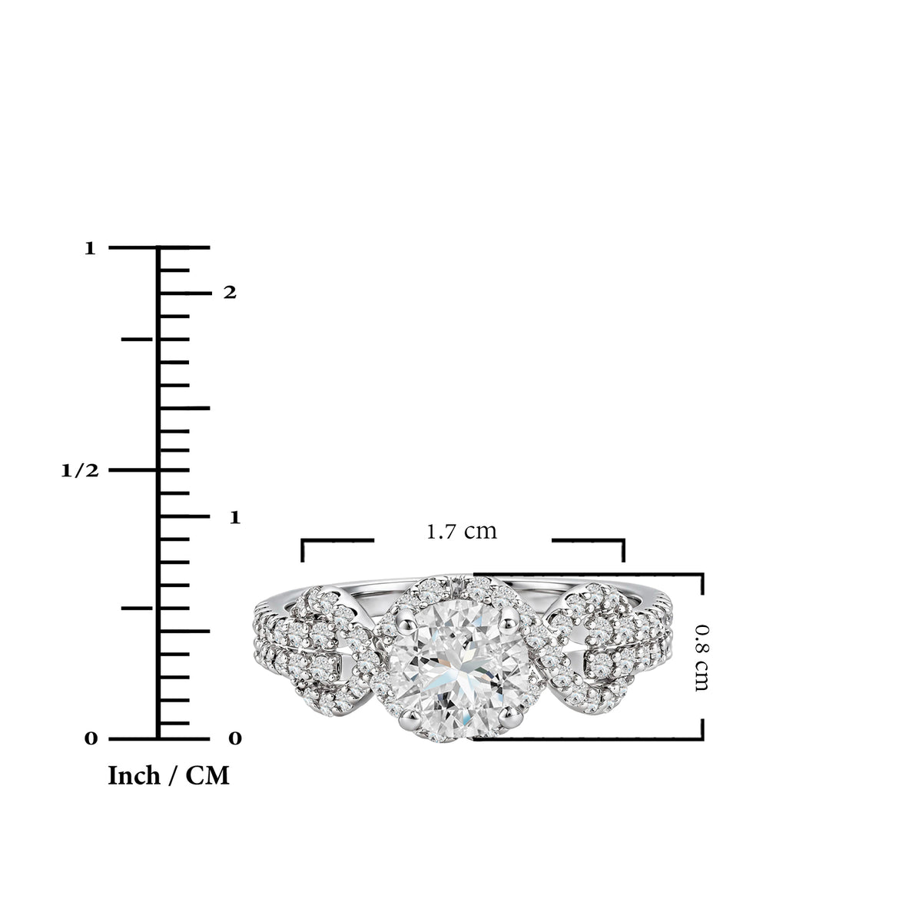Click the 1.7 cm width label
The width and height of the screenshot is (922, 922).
coord(461,531)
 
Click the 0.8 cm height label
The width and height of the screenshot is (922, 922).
coord(701,658)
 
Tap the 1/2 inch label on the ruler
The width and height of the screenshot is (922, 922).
coord(80,471)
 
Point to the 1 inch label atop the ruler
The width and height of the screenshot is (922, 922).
coord(90,248)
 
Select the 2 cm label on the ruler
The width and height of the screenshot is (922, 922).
coord(230,292)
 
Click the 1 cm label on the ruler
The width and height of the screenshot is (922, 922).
coord(234,517)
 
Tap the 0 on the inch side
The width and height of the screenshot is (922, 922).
coord(91,738)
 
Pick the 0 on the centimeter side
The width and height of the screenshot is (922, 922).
coord(235,738)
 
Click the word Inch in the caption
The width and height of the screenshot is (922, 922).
coord(134,775)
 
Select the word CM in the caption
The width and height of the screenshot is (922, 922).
coord(207,775)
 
